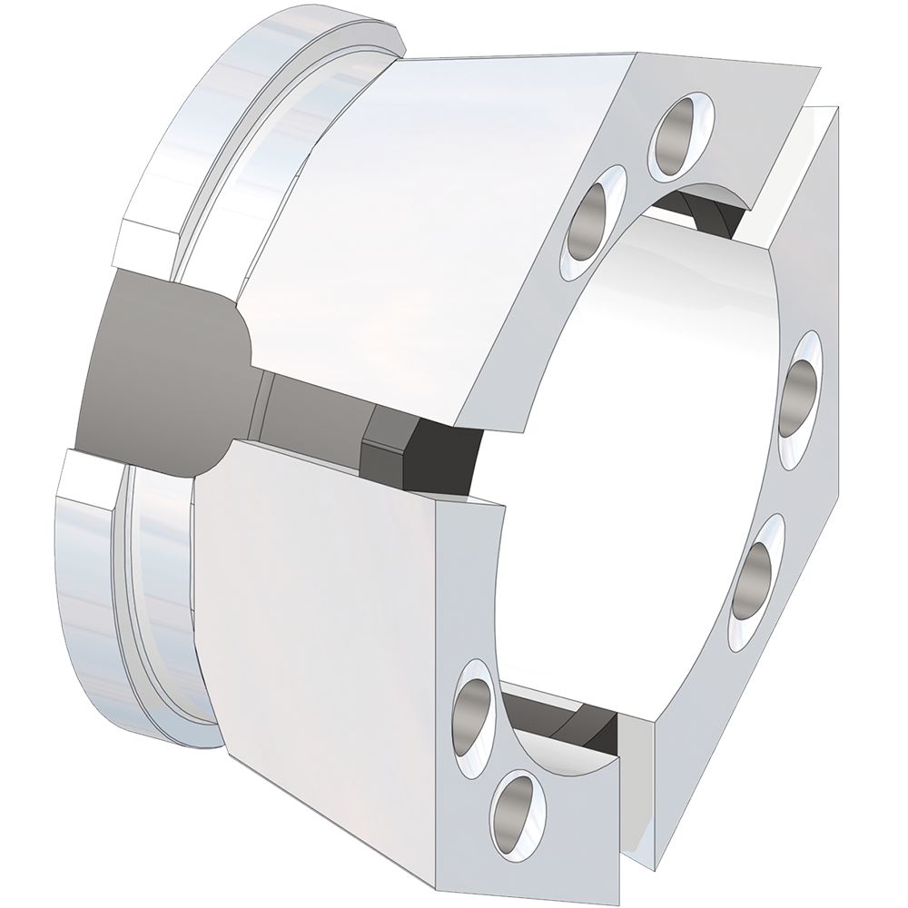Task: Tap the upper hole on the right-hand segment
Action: tap(800, 386)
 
